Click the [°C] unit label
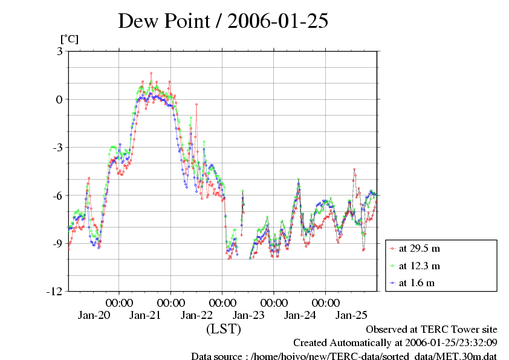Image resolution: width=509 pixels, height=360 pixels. (x=68, y=39)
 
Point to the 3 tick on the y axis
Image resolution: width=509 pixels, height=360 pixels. (x=59, y=51)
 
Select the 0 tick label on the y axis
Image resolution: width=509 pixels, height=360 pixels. (x=59, y=99)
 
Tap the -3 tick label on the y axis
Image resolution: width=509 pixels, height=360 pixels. (x=57, y=147)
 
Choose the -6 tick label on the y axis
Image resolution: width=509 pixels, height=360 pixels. (x=57, y=195)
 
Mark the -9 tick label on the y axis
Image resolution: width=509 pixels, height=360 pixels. (x=57, y=243)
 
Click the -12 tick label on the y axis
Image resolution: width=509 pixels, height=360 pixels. (x=54, y=291)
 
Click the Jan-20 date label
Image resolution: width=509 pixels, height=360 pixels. (x=94, y=315)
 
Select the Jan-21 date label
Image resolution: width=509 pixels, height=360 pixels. (x=145, y=315)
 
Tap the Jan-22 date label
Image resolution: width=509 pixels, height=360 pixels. (x=197, y=315)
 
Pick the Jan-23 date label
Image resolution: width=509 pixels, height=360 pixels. (x=248, y=315)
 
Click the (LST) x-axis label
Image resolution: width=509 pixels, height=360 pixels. (x=224, y=329)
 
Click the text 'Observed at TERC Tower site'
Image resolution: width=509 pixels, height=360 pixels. (x=432, y=330)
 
